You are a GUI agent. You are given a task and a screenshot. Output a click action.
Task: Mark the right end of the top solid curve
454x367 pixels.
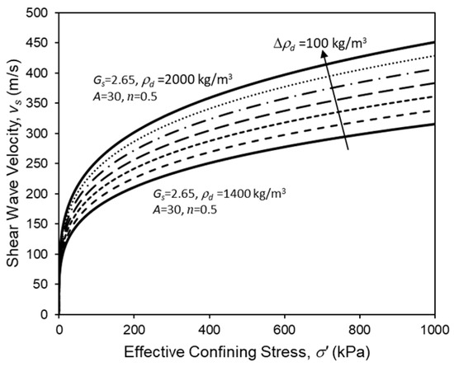click(435, 42)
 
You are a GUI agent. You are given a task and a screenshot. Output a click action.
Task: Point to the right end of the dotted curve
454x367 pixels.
click(435, 56)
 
